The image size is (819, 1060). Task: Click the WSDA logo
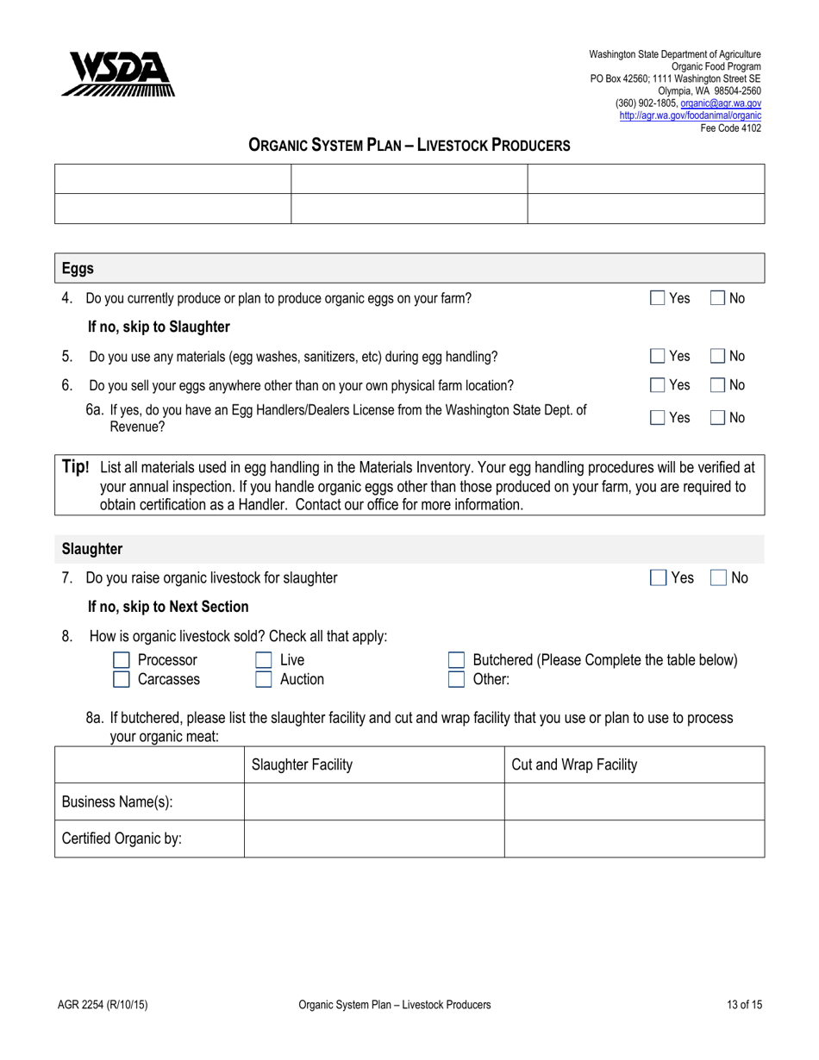[117, 74]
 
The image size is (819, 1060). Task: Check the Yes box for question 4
[658, 299]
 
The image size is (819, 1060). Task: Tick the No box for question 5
[717, 356]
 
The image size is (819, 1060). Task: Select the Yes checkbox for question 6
[658, 385]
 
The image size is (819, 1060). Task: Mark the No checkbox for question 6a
[717, 418]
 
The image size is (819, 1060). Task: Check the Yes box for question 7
[658, 578]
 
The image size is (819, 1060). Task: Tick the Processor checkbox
[122, 661]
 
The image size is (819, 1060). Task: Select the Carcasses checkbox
[122, 680]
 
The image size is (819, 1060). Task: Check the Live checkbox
[264, 661]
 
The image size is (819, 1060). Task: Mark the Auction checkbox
[264, 680]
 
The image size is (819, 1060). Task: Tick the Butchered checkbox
[457, 661]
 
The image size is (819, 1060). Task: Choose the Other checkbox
[457, 680]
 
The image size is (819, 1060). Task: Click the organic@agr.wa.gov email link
[721, 103]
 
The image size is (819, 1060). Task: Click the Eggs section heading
[78, 269]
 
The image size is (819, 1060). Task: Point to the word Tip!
[76, 467]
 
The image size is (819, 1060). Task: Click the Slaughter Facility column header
[301, 765]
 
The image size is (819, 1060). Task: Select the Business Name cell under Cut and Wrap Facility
[634, 802]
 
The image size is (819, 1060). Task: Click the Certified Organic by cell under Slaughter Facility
[373, 839]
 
